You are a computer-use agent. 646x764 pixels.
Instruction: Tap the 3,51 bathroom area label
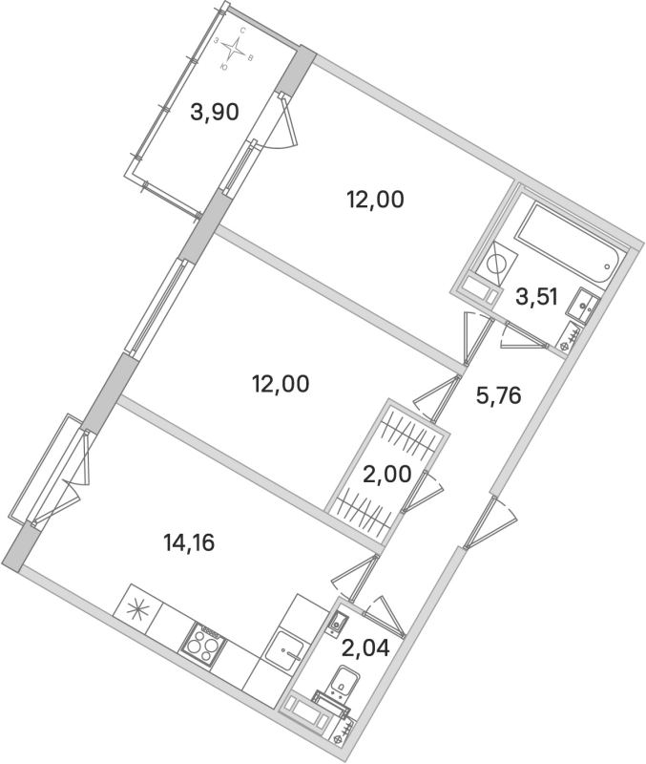pos(534,296)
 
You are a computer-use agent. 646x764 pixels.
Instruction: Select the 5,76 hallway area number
pos(498,394)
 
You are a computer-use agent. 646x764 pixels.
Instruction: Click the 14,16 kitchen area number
pos(190,544)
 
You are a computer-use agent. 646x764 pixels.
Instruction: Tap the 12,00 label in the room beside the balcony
pos(376,201)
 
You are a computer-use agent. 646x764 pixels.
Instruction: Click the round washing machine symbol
pos(497,264)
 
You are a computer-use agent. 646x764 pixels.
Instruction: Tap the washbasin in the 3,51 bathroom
pos(583,308)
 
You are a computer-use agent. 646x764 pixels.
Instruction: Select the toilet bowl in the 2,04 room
pos(339,687)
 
